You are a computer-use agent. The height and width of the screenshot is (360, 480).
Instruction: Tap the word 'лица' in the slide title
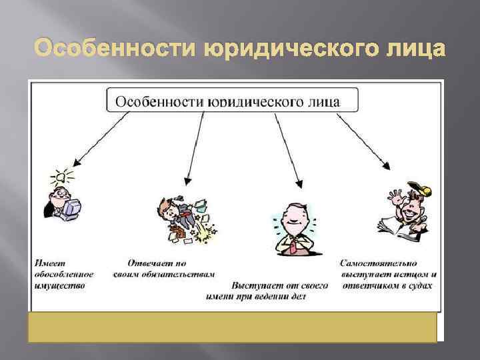coord(411,49)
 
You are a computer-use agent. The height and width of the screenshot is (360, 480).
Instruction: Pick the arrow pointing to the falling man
coord(195,147)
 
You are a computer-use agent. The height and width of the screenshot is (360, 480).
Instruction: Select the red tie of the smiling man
coord(292,246)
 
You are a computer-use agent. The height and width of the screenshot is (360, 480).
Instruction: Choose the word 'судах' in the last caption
coord(418,285)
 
